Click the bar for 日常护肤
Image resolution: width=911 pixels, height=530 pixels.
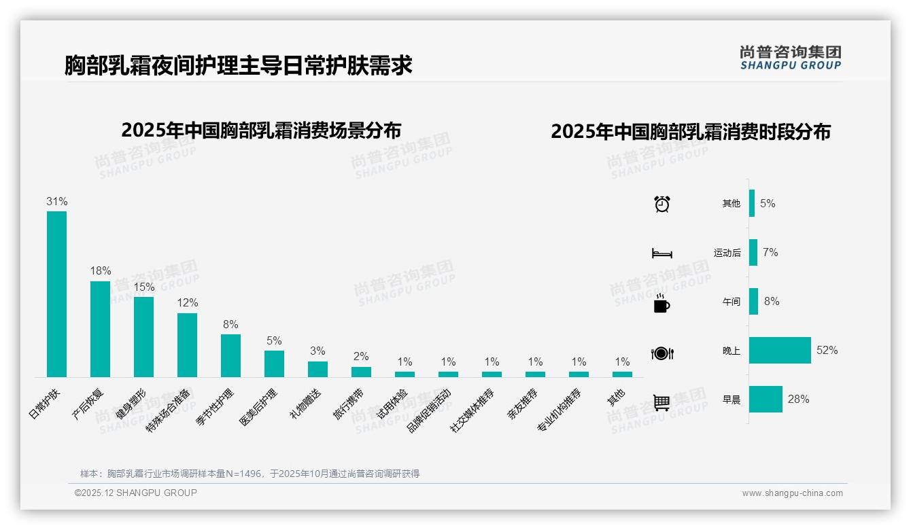pyautogui.click(x=56, y=294)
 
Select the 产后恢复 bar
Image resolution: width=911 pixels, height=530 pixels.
pyautogui.click(x=100, y=329)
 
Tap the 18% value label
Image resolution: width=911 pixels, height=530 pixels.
pyautogui.click(x=100, y=270)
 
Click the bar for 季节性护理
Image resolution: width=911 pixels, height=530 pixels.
pyautogui.click(x=230, y=355)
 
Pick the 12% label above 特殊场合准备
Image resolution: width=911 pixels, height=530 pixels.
pyautogui.click(x=187, y=302)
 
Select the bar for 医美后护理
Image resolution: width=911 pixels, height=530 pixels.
pyautogui.click(x=274, y=364)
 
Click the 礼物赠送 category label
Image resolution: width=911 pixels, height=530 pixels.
pyautogui.click(x=305, y=403)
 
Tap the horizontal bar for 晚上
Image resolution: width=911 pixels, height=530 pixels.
pyautogui.click(x=780, y=350)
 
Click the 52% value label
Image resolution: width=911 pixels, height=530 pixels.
pyautogui.click(x=827, y=351)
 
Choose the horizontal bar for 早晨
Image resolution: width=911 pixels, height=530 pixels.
pyautogui.click(x=766, y=399)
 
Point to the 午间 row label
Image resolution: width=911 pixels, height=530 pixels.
pyautogui.click(x=731, y=302)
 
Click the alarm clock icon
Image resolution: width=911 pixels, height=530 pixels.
pyautogui.click(x=662, y=204)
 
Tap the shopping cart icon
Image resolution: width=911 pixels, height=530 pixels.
pyautogui.click(x=661, y=402)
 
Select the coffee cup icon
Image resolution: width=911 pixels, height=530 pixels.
pyautogui.click(x=661, y=303)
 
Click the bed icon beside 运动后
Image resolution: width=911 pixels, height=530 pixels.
pyautogui.click(x=661, y=253)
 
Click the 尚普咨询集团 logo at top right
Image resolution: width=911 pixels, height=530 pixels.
pyautogui.click(x=790, y=57)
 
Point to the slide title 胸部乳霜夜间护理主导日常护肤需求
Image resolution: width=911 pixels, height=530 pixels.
pyautogui.click(x=239, y=65)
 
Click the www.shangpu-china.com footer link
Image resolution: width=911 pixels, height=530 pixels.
pyautogui.click(x=792, y=493)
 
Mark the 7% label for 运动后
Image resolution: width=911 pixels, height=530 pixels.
pyautogui.click(x=770, y=253)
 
